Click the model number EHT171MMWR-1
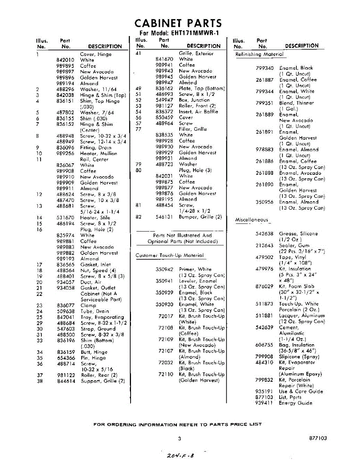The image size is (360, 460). click(194, 33)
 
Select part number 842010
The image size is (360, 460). click(65, 60)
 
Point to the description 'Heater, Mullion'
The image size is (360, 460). click(98, 153)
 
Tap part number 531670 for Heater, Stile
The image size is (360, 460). click(65, 218)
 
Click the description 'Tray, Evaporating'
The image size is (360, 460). click(102, 317)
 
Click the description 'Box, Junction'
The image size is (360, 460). click(194, 100)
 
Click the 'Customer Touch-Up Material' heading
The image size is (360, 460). click(170, 255)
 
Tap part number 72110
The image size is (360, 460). click(165, 375)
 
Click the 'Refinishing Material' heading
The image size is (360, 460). click(259, 54)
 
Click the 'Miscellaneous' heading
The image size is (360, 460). click(252, 220)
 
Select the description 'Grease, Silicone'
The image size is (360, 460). click(298, 233)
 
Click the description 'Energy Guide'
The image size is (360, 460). click(295, 403)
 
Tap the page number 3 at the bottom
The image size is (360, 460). click(179, 439)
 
